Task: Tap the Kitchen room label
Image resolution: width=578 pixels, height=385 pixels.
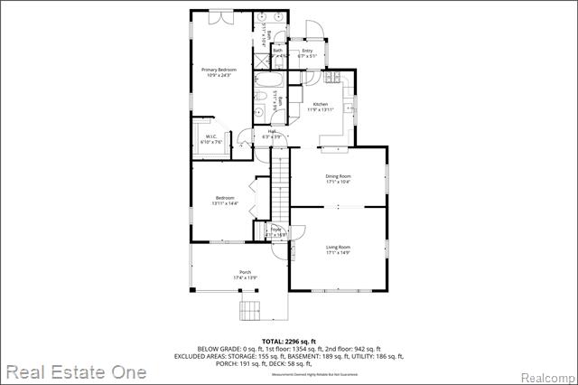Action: pyautogui.click(x=322, y=105)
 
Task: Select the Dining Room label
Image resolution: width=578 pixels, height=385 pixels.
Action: pyautogui.click(x=338, y=176)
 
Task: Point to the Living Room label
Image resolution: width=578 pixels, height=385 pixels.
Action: pyautogui.click(x=338, y=247)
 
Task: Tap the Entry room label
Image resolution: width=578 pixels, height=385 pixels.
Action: pyautogui.click(x=307, y=51)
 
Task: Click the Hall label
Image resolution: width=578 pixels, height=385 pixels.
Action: pyautogui.click(x=272, y=132)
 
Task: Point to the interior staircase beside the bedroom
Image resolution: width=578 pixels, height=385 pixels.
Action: pyautogui.click(x=281, y=185)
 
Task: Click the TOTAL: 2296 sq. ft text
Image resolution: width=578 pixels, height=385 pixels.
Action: pyautogui.click(x=289, y=341)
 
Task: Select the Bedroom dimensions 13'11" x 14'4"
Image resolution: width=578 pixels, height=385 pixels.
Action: pyautogui.click(x=225, y=203)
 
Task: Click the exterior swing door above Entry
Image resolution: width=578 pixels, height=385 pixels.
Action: pyautogui.click(x=311, y=30)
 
